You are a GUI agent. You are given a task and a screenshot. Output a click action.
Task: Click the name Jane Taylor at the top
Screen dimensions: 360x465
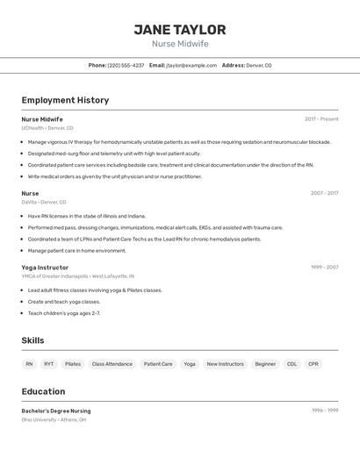click(180, 30)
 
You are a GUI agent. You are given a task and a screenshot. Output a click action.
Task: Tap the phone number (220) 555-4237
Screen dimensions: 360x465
click(126, 65)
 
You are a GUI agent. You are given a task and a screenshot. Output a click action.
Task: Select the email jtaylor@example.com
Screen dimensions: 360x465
click(191, 65)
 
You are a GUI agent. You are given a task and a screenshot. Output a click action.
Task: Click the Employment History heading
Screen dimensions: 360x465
click(65, 100)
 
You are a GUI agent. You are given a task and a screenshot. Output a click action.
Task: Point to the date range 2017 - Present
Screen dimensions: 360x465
click(321, 119)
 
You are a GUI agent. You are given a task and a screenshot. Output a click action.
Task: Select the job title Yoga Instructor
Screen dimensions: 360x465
click(45, 267)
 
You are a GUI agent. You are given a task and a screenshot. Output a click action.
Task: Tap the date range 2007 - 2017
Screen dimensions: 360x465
click(324, 193)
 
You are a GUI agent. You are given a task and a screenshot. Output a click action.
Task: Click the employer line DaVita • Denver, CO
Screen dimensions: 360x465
click(44, 202)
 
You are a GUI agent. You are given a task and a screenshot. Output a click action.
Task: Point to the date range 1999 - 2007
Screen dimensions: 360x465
click(324, 267)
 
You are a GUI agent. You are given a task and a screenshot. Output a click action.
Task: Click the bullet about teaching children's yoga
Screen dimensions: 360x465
click(64, 313)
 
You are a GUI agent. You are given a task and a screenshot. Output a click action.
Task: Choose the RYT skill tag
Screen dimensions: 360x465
click(49, 363)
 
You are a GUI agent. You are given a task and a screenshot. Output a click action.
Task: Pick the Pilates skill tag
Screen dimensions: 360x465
click(73, 363)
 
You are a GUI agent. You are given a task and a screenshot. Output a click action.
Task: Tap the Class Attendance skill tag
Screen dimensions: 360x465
click(112, 363)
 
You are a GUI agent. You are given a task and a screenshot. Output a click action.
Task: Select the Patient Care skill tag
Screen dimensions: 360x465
click(158, 363)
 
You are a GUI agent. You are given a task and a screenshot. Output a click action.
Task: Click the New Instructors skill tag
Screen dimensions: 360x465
click(226, 363)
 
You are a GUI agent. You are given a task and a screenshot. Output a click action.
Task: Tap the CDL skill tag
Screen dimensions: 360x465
click(292, 363)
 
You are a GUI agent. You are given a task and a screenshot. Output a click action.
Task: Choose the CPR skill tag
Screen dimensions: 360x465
click(313, 363)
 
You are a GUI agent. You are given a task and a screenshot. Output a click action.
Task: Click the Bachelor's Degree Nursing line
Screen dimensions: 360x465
click(56, 411)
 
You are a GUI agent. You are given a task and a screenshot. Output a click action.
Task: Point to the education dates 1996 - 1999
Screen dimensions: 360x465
click(325, 411)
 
